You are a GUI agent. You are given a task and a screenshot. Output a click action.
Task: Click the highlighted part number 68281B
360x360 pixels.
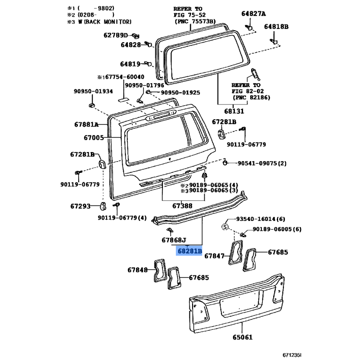coord(189,251)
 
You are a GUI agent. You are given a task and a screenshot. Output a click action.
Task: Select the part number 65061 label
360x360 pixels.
coord(243,337)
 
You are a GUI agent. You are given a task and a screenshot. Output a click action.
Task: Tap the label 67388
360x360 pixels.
coord(182,206)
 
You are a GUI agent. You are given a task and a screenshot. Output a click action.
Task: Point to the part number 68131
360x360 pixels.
coord(234,111)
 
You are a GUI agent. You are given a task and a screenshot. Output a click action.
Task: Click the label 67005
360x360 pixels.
coord(94,138)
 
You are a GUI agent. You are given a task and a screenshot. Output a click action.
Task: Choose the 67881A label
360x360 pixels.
coord(86,125)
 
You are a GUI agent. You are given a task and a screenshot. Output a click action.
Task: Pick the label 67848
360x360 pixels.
coord(138,270)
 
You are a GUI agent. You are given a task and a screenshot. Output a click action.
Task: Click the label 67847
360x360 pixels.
coord(214,256)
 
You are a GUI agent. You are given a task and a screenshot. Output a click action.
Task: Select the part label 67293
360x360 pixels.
coord(81,206)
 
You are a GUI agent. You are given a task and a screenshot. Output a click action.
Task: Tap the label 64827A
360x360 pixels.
coord(253,14)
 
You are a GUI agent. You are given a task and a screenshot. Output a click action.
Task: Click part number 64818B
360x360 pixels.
coord(276,27)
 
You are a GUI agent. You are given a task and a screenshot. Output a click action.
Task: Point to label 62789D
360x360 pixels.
coord(116,35)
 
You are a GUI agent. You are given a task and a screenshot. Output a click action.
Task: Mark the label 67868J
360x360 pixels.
coord(174,240)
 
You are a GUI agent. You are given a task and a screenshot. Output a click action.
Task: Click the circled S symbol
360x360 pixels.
coord(225,227)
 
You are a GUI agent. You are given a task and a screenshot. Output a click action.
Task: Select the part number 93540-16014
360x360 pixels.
coord(256,219)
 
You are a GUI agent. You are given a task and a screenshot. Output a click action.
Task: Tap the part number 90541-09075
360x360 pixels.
coord(257,163)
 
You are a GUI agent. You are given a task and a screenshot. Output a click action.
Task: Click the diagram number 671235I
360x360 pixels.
coord(292,355)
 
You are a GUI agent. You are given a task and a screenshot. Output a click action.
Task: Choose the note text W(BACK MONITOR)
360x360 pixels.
coord(105,22)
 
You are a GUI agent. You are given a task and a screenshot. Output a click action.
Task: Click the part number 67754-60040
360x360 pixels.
coord(125,76)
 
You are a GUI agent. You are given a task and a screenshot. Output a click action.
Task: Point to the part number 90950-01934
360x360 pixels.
coord(93,91)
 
